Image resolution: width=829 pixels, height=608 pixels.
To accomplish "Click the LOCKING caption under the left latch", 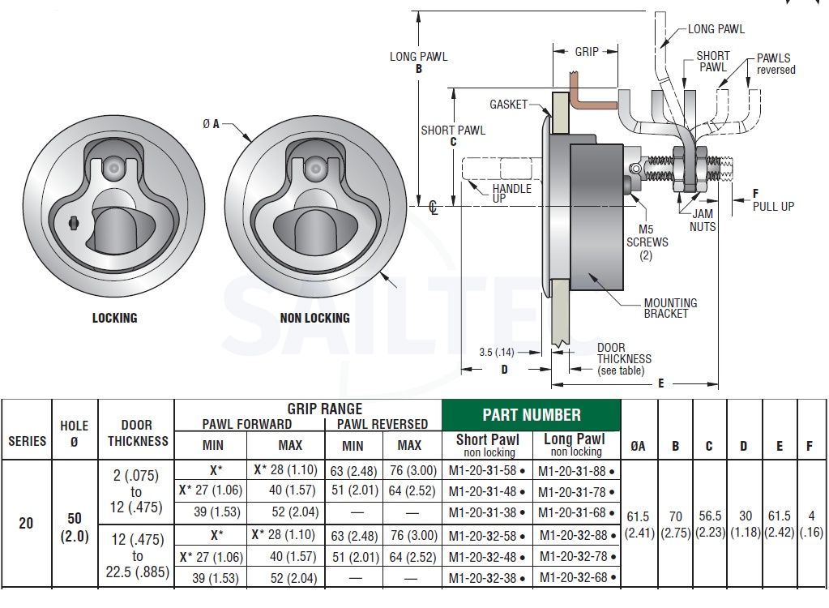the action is (115, 318).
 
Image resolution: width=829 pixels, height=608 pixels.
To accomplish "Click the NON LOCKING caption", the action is (314, 318).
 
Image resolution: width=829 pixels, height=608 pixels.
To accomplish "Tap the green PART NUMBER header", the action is (532, 415).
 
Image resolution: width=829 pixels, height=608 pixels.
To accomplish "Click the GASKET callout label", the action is (508, 104).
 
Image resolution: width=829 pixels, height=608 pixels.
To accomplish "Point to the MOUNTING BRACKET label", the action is (670, 308).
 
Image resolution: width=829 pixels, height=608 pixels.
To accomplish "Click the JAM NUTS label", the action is (703, 221).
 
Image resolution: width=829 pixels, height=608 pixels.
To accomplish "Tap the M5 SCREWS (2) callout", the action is (647, 242).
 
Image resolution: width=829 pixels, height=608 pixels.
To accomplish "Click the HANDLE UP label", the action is (511, 193).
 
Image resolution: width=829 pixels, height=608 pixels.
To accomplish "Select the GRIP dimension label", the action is (587, 51).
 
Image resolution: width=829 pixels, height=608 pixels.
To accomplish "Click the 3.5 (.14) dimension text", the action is (497, 352).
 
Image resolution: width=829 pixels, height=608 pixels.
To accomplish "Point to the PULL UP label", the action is (773, 206).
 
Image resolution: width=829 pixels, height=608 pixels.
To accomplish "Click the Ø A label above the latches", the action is (211, 124).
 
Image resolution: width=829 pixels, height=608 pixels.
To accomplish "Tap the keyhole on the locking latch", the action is (73, 223).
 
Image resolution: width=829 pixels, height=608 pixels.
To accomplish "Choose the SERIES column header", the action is (27, 441).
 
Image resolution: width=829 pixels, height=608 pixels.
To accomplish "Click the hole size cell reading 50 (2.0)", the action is (75, 527).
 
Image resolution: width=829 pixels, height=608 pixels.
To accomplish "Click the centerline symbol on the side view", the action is (434, 207).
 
